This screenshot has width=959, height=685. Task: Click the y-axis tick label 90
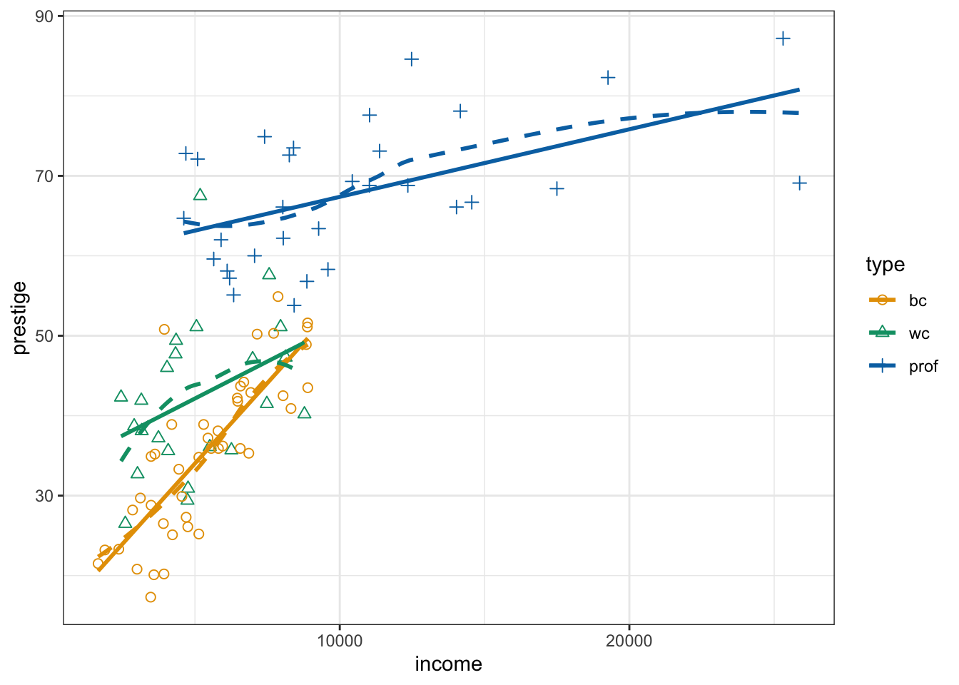point(45,16)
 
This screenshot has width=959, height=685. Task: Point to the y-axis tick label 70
point(45,176)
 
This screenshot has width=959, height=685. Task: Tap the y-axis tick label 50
point(45,335)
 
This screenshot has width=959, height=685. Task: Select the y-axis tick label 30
point(45,495)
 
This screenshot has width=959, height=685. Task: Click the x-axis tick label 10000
point(340,641)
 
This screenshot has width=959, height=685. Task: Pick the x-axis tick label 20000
point(629,641)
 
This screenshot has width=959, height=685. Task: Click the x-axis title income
point(448,664)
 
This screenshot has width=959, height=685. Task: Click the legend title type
point(885,265)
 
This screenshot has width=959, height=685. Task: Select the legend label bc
point(918,300)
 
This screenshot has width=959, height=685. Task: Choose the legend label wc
point(919,333)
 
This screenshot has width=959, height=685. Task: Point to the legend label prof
point(923,367)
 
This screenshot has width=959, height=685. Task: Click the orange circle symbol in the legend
point(883,300)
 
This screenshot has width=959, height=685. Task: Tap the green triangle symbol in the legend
point(883,333)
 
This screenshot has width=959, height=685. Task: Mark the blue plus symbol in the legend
point(883,366)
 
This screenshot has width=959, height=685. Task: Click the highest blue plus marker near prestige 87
point(783,39)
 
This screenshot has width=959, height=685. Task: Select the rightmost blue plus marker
point(800,183)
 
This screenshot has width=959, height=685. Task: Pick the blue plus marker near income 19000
point(608,77)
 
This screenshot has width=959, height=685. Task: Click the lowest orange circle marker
point(151,597)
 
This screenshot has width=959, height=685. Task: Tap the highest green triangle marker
point(200,195)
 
